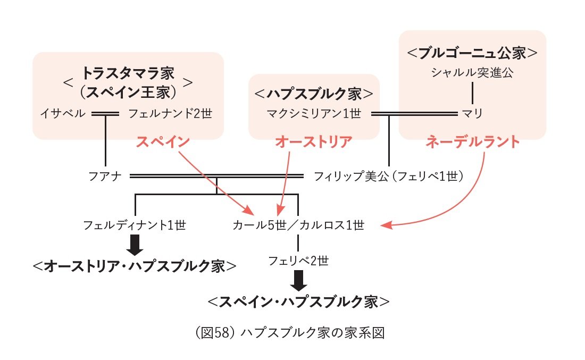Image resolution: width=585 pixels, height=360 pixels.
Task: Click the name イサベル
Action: [x=62, y=113]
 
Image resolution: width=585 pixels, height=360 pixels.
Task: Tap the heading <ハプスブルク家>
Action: [x=314, y=94]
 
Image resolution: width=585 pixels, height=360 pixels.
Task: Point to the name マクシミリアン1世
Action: [x=314, y=113]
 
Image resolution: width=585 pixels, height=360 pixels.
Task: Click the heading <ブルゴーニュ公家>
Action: [x=472, y=53]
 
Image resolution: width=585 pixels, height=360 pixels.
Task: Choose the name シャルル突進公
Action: [x=472, y=73]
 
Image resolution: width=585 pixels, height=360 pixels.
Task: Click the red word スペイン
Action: [x=163, y=142]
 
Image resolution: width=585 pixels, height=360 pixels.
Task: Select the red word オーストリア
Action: [x=314, y=142]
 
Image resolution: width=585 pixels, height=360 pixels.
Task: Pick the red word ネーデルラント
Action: [x=472, y=142]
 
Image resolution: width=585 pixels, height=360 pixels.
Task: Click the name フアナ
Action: [x=106, y=175]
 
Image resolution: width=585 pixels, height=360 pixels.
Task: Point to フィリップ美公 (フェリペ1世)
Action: [x=389, y=175]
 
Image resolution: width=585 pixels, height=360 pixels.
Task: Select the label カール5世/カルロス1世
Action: [x=298, y=225]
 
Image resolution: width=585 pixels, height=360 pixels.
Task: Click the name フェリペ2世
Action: [x=298, y=261]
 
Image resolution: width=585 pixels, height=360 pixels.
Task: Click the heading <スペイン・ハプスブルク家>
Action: [x=298, y=302]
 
